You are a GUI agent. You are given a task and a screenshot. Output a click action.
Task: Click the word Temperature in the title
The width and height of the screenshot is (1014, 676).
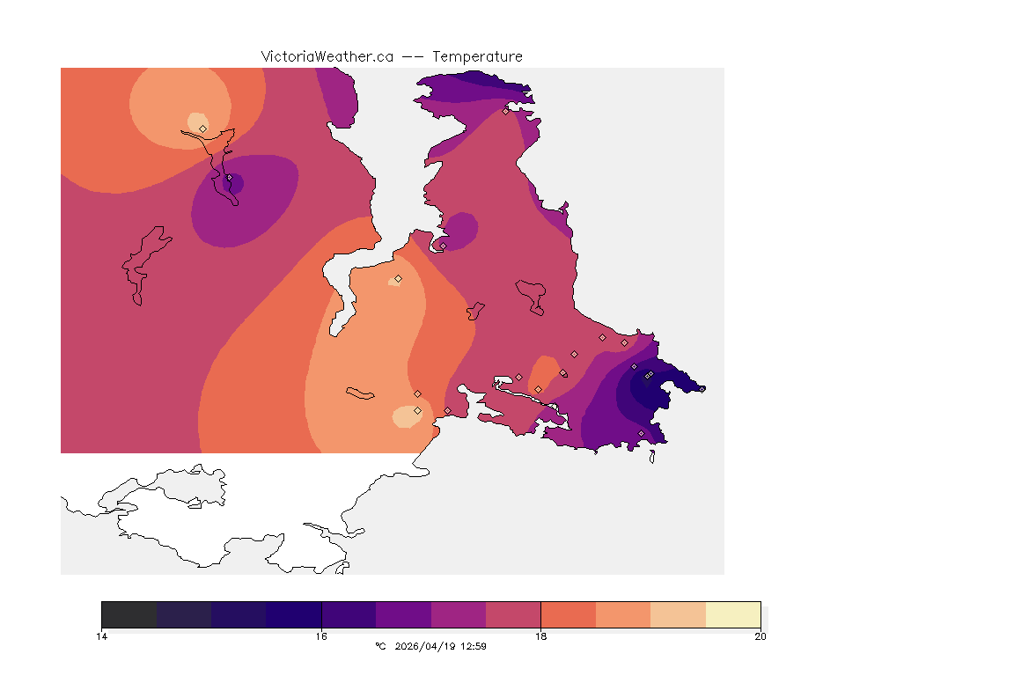(x=478, y=56)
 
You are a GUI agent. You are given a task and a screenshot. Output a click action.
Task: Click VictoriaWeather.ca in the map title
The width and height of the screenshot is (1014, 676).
(x=327, y=56)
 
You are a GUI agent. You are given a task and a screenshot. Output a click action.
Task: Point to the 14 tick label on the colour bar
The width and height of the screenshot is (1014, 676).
(x=102, y=636)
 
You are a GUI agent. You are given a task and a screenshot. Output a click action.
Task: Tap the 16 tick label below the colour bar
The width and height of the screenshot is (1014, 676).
(x=321, y=636)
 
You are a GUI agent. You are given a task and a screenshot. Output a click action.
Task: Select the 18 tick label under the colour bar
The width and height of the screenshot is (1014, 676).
(x=540, y=636)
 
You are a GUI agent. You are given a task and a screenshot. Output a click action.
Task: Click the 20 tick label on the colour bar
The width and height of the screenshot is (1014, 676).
(x=760, y=636)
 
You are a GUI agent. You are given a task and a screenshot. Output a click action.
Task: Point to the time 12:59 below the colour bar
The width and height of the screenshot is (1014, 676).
(x=474, y=646)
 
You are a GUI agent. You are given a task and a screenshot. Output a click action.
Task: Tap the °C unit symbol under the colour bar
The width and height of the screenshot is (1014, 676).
(x=380, y=646)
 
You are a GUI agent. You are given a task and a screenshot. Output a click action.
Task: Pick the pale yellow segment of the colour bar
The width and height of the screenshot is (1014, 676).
(x=733, y=614)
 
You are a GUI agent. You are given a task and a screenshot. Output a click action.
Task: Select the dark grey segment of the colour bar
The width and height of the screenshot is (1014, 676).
(x=129, y=614)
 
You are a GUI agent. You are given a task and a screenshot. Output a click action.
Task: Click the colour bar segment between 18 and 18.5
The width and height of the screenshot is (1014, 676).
(x=568, y=614)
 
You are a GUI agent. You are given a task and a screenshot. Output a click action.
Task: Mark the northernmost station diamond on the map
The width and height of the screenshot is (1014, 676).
(x=505, y=111)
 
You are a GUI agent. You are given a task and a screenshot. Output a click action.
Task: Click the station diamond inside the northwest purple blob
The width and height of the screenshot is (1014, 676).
(x=229, y=178)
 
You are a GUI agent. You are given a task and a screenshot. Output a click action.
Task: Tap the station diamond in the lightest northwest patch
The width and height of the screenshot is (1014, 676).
(x=202, y=129)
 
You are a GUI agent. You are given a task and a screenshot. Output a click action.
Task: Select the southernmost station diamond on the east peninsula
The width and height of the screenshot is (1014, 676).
(x=641, y=433)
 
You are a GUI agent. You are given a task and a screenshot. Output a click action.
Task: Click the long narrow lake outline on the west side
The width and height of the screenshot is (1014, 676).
(x=143, y=264)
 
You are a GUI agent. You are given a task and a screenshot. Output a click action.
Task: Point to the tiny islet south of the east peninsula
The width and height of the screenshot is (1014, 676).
(x=652, y=456)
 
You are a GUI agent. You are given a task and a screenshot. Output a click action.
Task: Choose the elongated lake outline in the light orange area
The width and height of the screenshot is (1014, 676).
(x=361, y=393)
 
